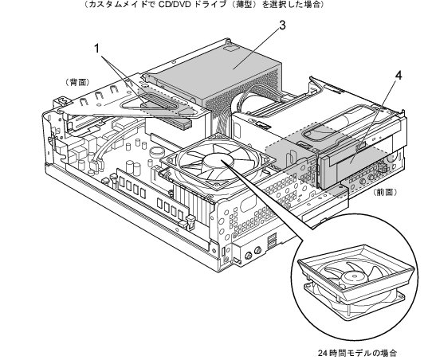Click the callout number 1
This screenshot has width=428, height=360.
[97, 49]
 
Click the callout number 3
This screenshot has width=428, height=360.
[282, 25]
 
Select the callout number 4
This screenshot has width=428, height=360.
[399, 76]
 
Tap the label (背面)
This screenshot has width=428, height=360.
[77, 83]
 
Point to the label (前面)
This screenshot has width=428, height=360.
[385, 192]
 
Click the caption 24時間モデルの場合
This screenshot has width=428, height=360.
[357, 353]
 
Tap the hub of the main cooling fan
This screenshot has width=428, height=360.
[218, 161]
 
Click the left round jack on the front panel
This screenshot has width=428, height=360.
[249, 256]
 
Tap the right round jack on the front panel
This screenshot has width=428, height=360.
[257, 250]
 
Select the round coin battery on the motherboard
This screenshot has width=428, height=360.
[157, 151]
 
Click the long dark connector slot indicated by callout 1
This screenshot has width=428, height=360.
[161, 102]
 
